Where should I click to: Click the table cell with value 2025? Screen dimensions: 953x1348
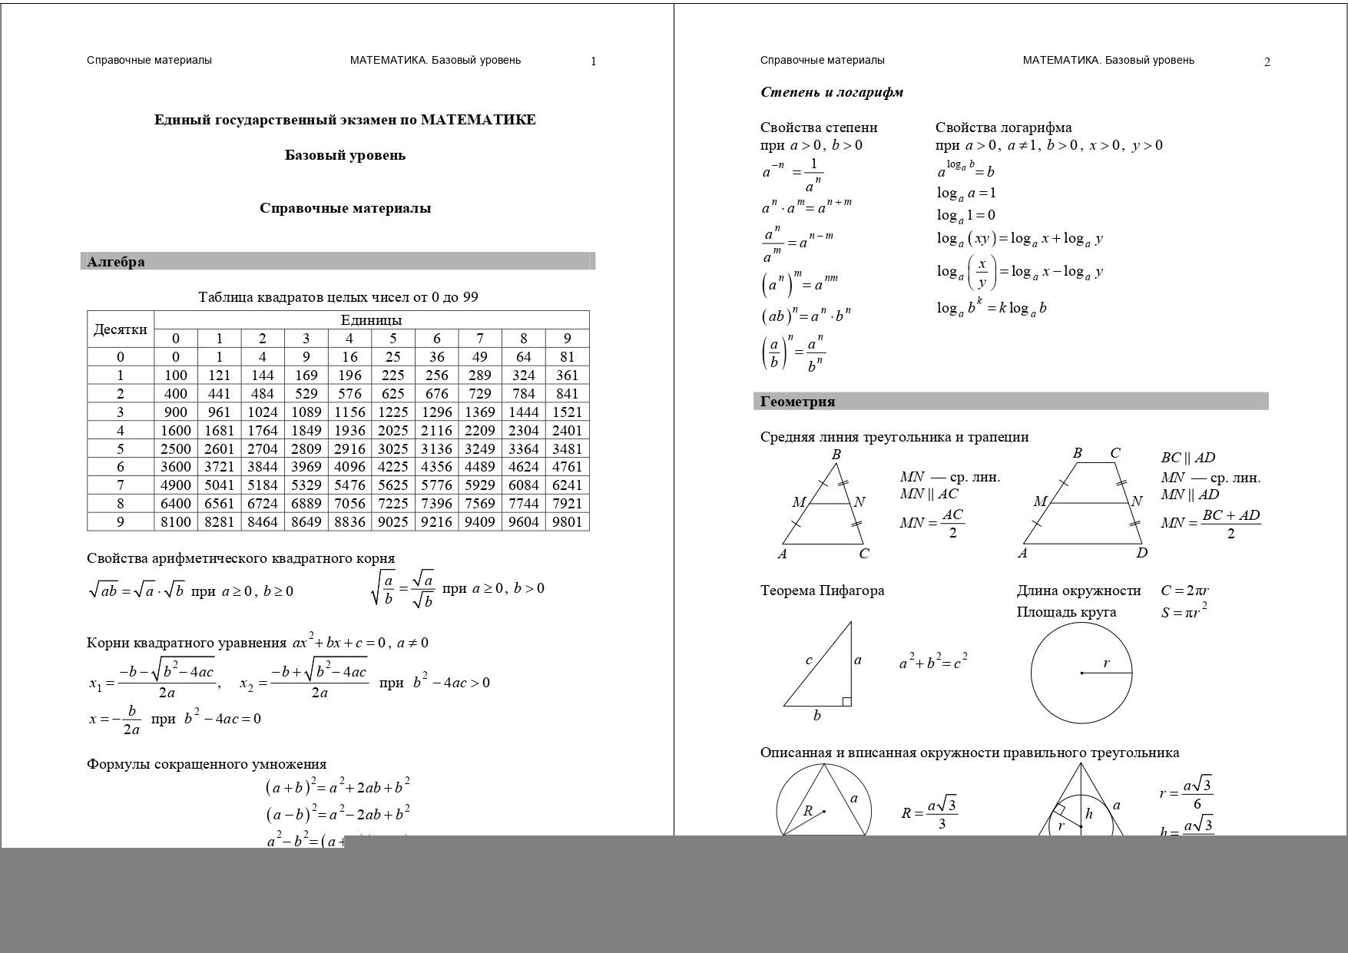click(392, 430)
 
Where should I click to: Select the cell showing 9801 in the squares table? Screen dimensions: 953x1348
click(567, 522)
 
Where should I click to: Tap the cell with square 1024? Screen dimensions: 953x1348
click(262, 412)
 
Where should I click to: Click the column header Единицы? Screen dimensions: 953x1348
click(371, 320)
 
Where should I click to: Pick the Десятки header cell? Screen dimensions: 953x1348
click(121, 329)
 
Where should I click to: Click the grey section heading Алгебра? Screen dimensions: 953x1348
click(116, 262)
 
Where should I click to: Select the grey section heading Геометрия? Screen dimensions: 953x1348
click(797, 402)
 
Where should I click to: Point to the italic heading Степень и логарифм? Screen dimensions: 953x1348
click(832, 93)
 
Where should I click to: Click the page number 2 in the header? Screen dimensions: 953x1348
click(1267, 62)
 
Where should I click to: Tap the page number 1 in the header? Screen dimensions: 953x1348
click(593, 61)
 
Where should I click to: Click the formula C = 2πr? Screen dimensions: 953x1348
click(1185, 591)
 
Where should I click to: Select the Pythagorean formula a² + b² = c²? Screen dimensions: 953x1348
click(933, 661)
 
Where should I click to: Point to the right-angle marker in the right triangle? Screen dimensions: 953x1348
click(846, 701)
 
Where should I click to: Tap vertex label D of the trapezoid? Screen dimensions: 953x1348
click(1142, 553)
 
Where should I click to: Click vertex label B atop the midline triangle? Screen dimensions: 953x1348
click(836, 455)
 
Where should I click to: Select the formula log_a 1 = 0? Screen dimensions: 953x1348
click(965, 216)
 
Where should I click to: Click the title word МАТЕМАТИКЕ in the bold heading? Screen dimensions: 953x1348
click(478, 120)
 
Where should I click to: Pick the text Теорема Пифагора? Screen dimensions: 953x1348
click(822, 591)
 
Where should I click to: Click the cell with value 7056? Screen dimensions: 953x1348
click(349, 504)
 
